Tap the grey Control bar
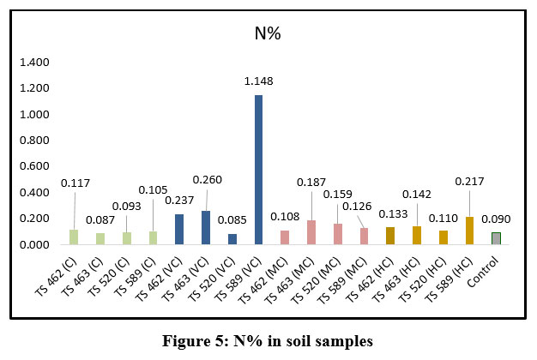tap(496, 238)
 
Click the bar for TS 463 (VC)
tap(206, 227)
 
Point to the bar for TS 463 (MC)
tap(311, 232)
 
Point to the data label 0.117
tap(75, 183)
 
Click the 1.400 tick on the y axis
tap(34, 63)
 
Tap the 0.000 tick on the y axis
tap(34, 245)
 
